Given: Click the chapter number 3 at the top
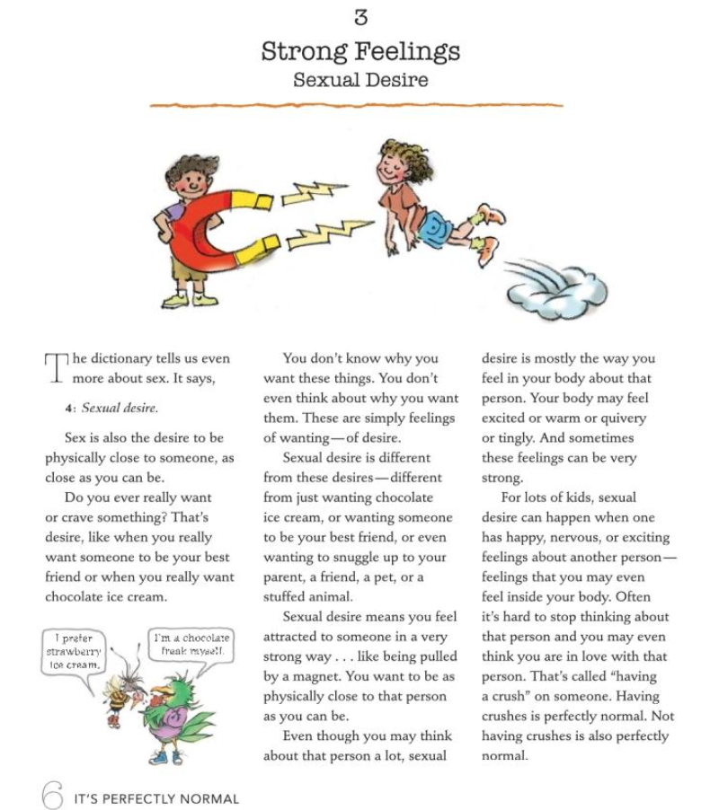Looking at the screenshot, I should [x=360, y=17].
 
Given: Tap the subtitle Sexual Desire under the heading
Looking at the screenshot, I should [x=360, y=80].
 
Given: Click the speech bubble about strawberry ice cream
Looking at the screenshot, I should [x=76, y=653].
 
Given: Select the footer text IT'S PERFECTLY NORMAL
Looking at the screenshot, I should [x=156, y=798].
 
